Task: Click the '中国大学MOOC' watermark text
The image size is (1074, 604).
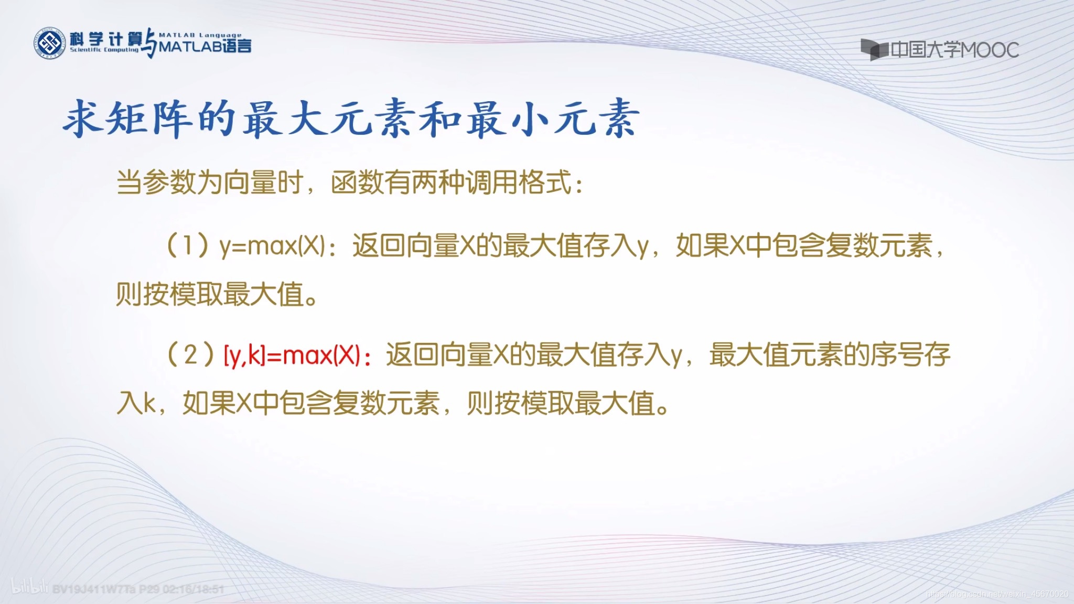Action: pyautogui.click(x=954, y=50)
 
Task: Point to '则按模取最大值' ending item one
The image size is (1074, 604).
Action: pyautogui.click(x=210, y=294)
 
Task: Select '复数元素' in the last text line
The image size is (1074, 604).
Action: pyautogui.click(x=386, y=404)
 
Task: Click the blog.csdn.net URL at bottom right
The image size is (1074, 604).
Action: pyautogui.click(x=996, y=594)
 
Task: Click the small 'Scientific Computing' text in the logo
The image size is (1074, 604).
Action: pyautogui.click(x=104, y=50)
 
